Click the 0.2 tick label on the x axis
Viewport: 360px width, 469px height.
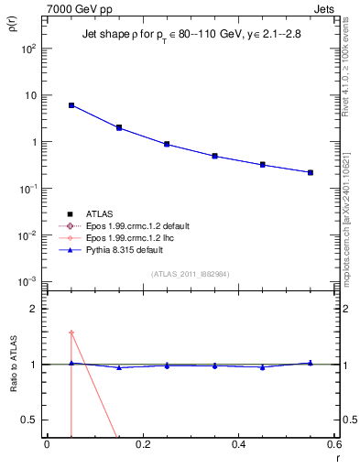click(x=142, y=445)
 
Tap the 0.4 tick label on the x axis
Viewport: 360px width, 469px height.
click(x=238, y=445)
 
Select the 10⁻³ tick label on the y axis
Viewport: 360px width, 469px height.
click(x=29, y=281)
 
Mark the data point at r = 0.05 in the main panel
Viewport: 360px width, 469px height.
click(x=71, y=105)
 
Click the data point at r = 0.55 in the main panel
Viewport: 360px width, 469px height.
click(x=311, y=172)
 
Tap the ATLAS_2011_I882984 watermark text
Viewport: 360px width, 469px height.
click(x=191, y=274)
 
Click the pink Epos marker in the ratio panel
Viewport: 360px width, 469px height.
click(x=71, y=333)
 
